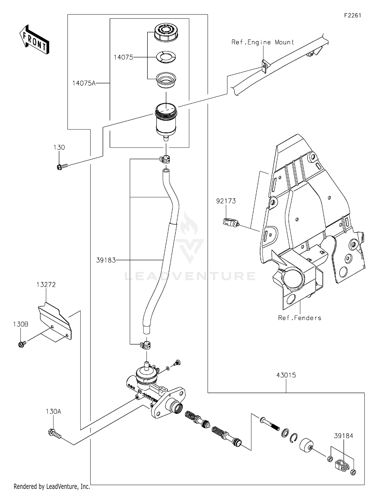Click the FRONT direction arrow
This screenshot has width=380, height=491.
coord(34,40)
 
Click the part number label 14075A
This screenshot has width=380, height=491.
coord(84,83)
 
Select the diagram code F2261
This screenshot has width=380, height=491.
coord(352,15)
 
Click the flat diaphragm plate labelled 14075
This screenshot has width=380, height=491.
coord(166,57)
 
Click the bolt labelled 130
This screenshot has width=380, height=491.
coord(62,166)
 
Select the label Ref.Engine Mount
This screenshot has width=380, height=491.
coord(263,42)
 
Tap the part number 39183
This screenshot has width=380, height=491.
coord(106,260)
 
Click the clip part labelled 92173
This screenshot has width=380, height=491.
coord(230,222)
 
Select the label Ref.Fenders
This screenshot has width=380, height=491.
coord(299,318)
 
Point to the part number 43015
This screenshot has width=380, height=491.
coord(286,375)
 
